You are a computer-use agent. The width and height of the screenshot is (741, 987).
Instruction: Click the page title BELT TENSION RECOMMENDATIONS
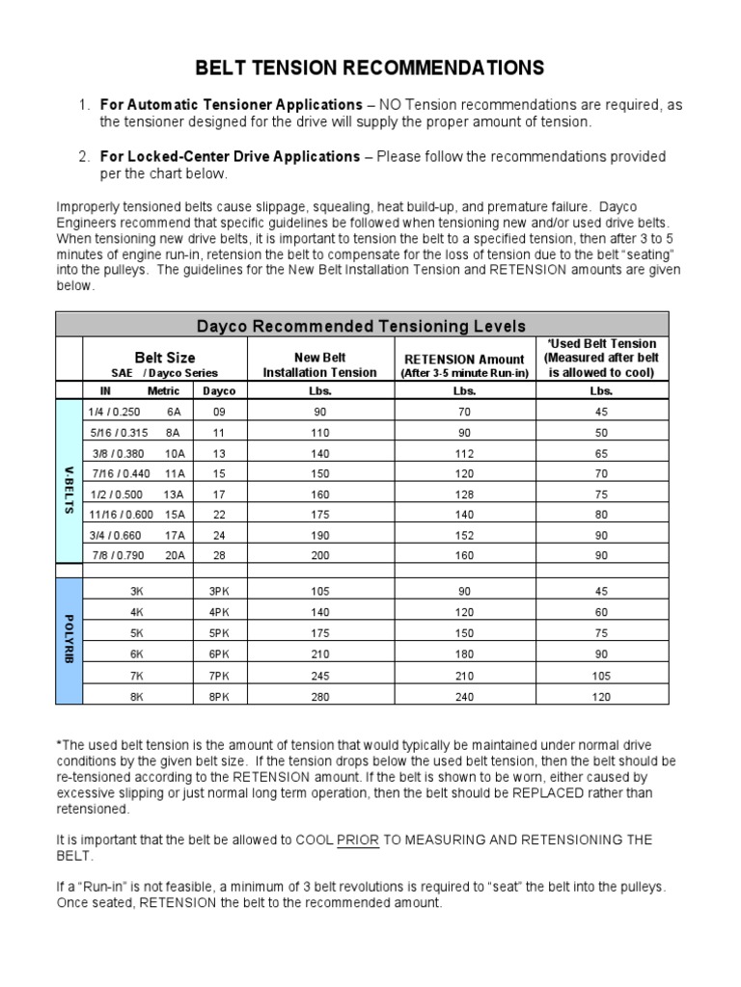point(370,67)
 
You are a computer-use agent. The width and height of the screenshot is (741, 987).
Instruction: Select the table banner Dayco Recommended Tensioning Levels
point(362,325)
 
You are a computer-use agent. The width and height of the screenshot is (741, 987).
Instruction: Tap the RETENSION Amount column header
point(464,365)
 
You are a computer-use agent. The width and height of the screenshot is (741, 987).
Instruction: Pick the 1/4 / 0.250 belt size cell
point(116,411)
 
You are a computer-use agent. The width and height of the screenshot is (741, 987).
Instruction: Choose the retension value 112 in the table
point(464,452)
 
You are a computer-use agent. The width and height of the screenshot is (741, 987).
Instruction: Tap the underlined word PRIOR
point(358,840)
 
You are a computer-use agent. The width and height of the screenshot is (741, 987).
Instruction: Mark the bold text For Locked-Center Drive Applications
point(230,156)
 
